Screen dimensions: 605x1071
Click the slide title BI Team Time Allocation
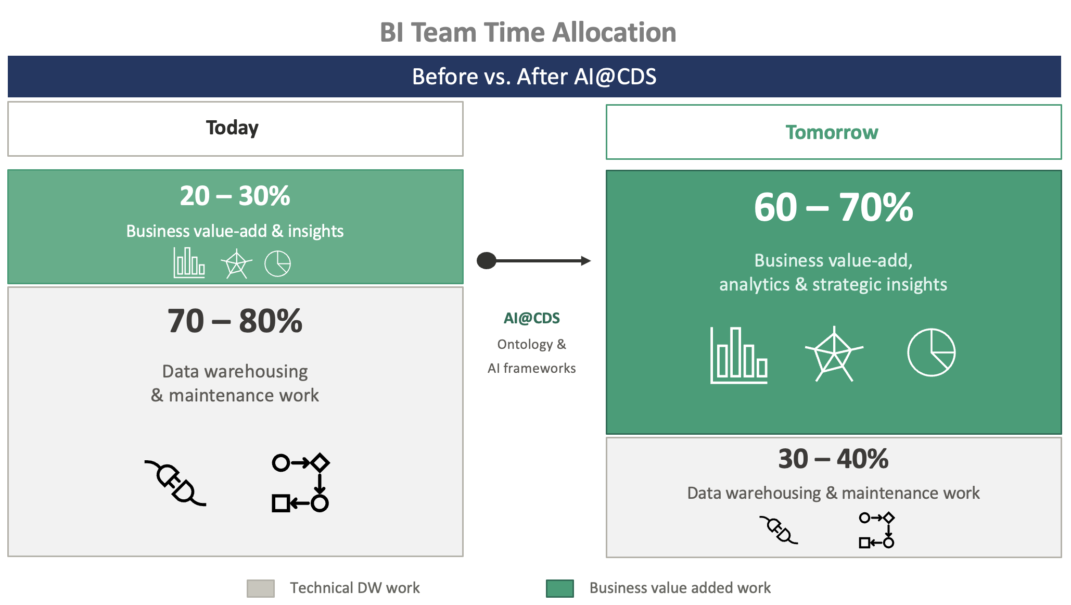(x=528, y=32)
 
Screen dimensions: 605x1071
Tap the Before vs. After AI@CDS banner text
(x=534, y=77)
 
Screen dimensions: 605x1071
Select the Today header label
(x=232, y=128)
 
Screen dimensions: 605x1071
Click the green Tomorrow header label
(x=832, y=132)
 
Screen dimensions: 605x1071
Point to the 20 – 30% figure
(x=235, y=196)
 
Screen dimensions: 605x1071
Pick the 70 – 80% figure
(x=235, y=321)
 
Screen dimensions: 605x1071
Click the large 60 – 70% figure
(x=833, y=207)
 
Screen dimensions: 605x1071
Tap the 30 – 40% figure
(x=833, y=459)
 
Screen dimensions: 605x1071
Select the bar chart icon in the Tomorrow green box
(x=738, y=356)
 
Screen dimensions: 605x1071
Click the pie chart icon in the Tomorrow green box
(x=931, y=352)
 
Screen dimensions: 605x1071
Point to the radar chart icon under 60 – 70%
(x=834, y=354)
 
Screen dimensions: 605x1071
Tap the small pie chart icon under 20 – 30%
(x=277, y=263)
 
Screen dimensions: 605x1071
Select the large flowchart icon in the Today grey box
(x=300, y=483)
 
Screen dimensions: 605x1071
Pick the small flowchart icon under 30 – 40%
(x=876, y=530)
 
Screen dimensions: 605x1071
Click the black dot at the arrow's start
(x=487, y=260)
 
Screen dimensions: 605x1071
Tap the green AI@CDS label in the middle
(x=531, y=318)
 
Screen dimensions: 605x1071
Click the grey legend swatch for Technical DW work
(x=260, y=588)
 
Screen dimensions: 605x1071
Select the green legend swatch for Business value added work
(x=559, y=588)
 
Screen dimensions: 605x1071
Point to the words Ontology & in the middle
(x=531, y=344)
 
